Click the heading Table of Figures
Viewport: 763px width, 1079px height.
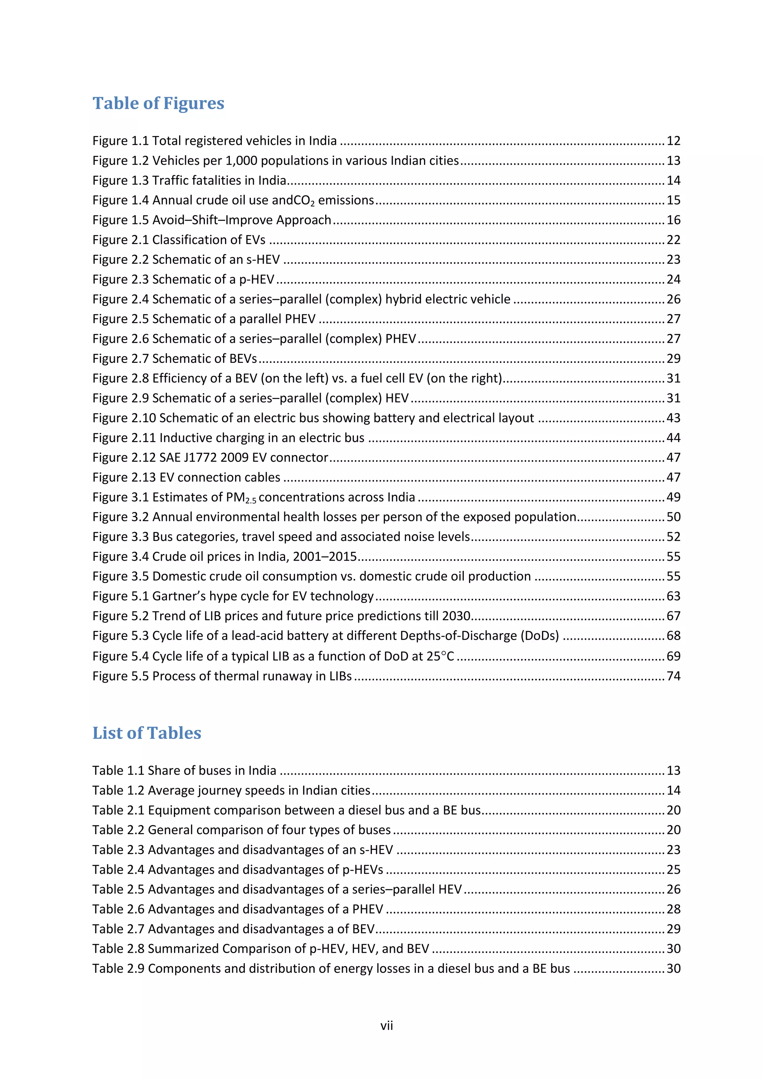[158, 103]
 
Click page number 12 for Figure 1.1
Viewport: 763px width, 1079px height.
[673, 141]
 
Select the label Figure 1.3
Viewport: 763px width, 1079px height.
[120, 180]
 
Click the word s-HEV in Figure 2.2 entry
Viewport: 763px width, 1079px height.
[263, 260]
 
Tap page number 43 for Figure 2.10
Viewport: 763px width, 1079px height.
[673, 418]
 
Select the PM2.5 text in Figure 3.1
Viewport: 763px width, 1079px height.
[241, 498]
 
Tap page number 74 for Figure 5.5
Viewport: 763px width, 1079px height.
[673, 676]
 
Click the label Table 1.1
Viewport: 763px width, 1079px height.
[118, 771]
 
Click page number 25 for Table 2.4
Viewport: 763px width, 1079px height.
[673, 870]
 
